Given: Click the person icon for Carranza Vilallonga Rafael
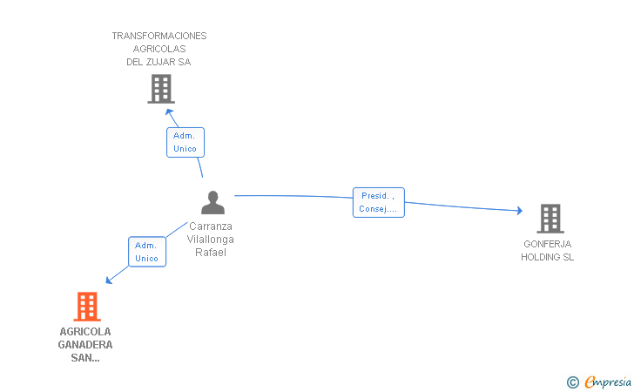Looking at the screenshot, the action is pyautogui.click(x=212, y=202).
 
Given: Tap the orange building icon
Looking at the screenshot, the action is pyautogui.click(x=87, y=307).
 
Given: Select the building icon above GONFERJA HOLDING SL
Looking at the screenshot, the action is pyautogui.click(x=550, y=219).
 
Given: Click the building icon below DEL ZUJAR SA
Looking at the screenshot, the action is pyautogui.click(x=161, y=89).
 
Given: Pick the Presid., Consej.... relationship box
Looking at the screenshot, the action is pyautogui.click(x=379, y=202).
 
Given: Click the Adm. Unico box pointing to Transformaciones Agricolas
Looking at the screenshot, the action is pyautogui.click(x=185, y=142).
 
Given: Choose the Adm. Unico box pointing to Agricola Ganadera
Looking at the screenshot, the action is pyautogui.click(x=147, y=252).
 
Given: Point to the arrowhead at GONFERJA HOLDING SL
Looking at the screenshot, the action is pyautogui.click(x=520, y=210).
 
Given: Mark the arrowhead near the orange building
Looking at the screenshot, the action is pyautogui.click(x=108, y=280).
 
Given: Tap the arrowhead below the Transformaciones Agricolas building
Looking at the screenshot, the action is pyautogui.click(x=170, y=112).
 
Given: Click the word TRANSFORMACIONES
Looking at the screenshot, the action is pyautogui.click(x=159, y=36).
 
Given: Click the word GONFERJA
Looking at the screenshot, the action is pyautogui.click(x=548, y=244).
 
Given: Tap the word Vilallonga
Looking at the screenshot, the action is pyautogui.click(x=210, y=239).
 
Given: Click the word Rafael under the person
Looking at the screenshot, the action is pyautogui.click(x=211, y=252).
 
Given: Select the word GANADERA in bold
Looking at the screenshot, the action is pyautogui.click(x=85, y=345).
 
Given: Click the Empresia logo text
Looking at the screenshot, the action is pyautogui.click(x=608, y=382).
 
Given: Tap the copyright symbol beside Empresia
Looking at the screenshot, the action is pyautogui.click(x=572, y=382).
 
